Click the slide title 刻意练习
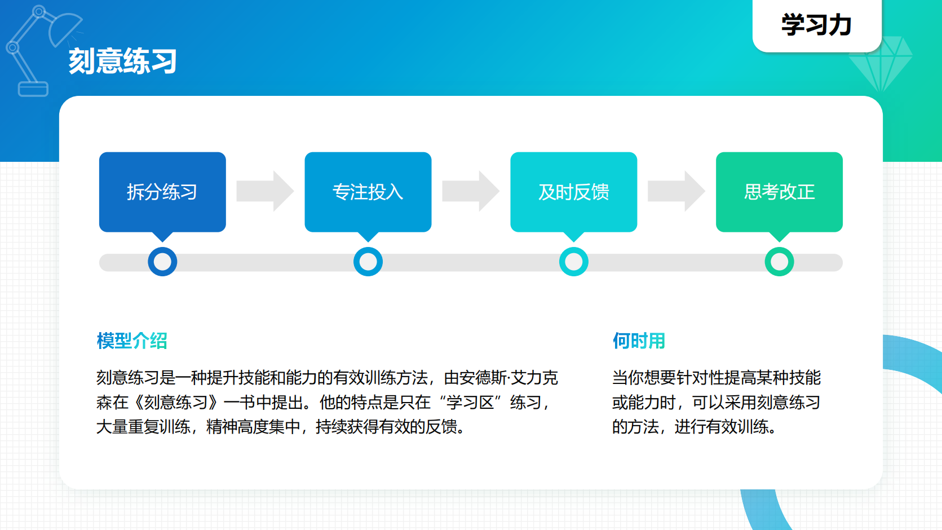click(x=122, y=61)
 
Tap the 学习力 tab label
click(x=816, y=25)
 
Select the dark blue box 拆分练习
click(x=162, y=192)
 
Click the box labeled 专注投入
click(x=368, y=192)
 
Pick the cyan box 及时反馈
click(x=573, y=192)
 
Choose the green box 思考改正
click(x=779, y=192)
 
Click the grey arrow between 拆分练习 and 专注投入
click(x=264, y=191)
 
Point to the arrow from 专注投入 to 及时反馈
click(x=470, y=191)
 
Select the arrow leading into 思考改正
click(x=676, y=191)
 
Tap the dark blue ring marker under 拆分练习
click(x=162, y=262)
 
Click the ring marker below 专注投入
click(x=368, y=262)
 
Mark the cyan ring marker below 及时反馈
click(x=573, y=262)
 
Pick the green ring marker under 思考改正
click(x=779, y=262)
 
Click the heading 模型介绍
click(x=132, y=341)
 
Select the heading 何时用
click(x=639, y=341)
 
